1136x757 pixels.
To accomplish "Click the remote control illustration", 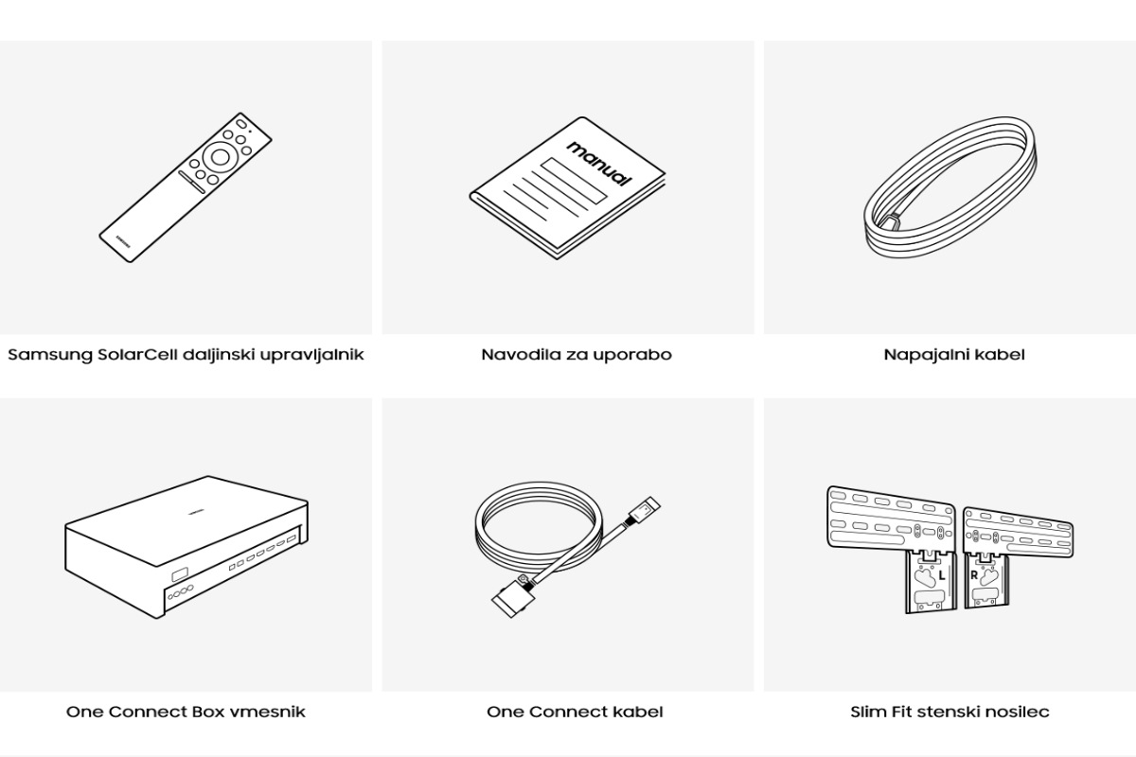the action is point(186,187).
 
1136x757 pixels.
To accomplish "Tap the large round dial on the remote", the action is point(220,157).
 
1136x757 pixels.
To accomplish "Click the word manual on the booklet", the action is point(600,164).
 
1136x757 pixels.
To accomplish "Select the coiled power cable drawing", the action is point(950,187).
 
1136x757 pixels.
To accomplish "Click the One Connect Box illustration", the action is point(186,547).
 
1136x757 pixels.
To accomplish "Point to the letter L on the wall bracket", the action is point(942,575).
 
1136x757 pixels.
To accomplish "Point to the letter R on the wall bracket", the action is point(974,575).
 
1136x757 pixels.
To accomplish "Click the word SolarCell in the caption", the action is point(137,354).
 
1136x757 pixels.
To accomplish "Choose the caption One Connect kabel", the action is point(575,712).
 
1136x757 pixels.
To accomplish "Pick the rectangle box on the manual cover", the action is point(574,181).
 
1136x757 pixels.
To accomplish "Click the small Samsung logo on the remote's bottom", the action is point(123,241).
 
